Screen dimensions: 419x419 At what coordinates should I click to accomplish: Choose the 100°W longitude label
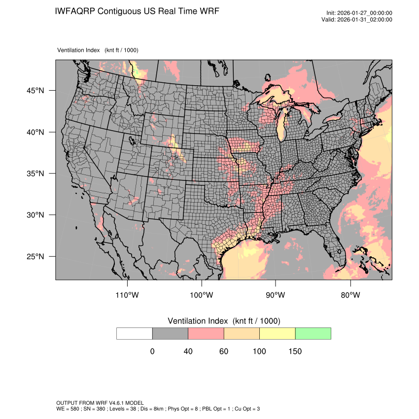click(x=202, y=295)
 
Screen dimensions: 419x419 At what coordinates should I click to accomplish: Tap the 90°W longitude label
click(x=276, y=295)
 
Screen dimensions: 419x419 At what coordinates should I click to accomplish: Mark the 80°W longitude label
click(x=350, y=295)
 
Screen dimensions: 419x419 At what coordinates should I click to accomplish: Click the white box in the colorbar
click(x=135, y=333)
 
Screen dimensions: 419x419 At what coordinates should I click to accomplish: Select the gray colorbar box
click(x=170, y=333)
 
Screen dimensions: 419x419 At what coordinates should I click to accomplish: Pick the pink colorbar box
click(x=206, y=333)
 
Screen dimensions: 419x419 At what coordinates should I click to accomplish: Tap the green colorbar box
click(x=313, y=333)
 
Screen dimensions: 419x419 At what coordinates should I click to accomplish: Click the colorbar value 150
click(x=295, y=351)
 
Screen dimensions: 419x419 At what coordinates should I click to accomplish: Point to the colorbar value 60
click(x=224, y=351)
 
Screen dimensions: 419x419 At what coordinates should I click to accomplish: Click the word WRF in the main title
click(x=208, y=11)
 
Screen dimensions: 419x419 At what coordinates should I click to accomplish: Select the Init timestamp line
click(x=359, y=13)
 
